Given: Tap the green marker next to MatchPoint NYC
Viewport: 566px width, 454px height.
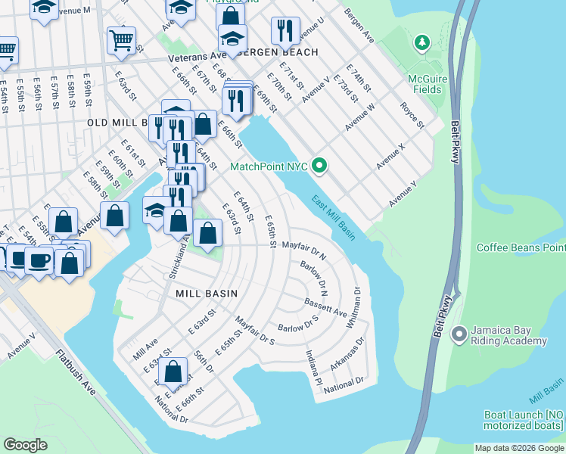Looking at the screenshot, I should (x=319, y=164).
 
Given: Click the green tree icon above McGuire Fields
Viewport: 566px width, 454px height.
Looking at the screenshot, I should (x=422, y=44).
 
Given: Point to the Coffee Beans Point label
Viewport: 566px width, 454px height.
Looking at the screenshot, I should (x=521, y=247).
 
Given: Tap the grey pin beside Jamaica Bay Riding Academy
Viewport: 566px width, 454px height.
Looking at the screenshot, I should (x=458, y=334).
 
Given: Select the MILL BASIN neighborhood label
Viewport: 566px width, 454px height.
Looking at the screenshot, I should (x=207, y=293).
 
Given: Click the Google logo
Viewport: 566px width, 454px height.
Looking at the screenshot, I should (x=26, y=444).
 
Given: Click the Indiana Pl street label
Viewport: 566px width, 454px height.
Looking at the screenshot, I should (x=313, y=366).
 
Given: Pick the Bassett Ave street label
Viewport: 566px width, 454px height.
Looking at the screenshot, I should (x=325, y=307).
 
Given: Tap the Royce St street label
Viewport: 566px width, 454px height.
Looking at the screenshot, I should (x=413, y=115).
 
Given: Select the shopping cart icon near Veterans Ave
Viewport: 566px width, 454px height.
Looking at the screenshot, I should (x=121, y=41).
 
